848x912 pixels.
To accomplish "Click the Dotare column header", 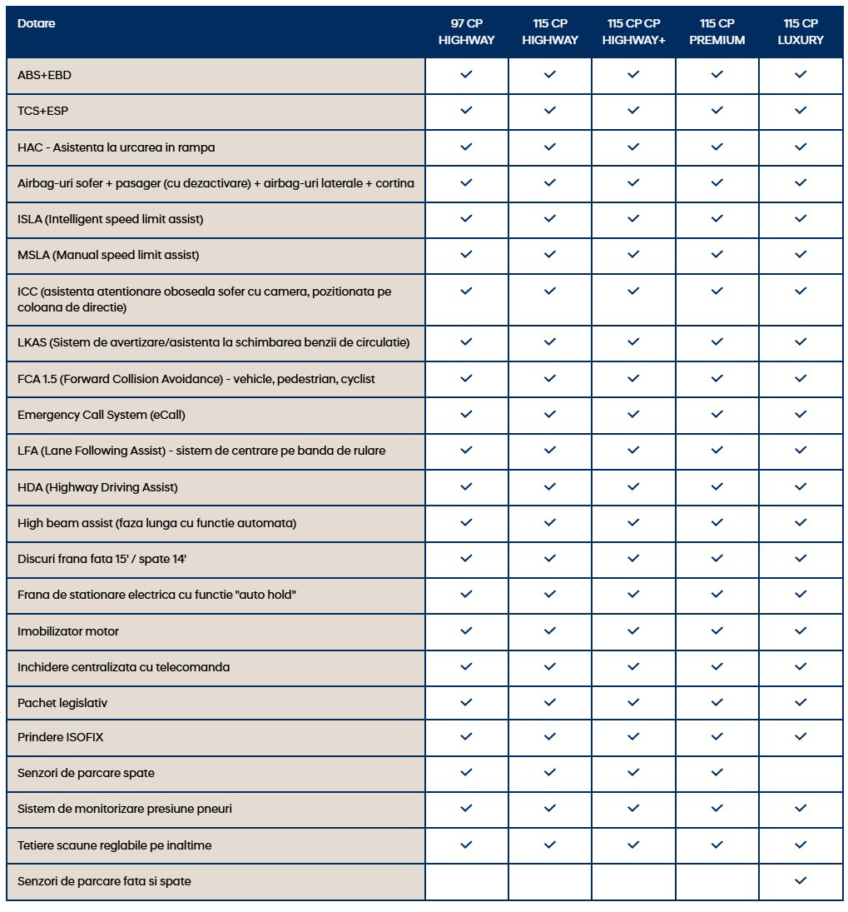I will [x=37, y=23].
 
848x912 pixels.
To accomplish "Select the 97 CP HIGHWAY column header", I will [x=466, y=32].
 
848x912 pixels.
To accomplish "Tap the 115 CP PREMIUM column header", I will [x=717, y=32].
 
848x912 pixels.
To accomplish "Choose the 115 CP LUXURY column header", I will [x=801, y=32].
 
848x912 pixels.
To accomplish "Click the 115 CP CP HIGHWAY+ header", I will [x=633, y=32].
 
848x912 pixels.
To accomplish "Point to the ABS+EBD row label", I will [x=45, y=75].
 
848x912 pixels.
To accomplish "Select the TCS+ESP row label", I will [x=43, y=111].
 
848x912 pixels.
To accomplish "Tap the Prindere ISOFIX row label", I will [x=61, y=737].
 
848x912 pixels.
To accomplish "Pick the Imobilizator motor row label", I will [x=68, y=631].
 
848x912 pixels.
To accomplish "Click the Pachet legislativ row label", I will [x=62, y=703].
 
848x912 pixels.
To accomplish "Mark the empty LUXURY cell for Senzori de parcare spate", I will [x=801, y=773].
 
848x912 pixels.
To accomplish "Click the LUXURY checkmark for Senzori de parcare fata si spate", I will [x=801, y=880].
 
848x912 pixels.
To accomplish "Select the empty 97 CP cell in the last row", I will [x=466, y=880].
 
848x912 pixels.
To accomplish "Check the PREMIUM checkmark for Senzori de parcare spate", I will [x=717, y=773].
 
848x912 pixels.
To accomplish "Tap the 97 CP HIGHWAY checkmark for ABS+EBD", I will [x=466, y=75].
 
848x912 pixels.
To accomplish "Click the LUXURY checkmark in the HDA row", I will [x=801, y=486].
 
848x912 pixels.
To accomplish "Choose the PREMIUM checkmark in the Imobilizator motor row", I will [x=717, y=630].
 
